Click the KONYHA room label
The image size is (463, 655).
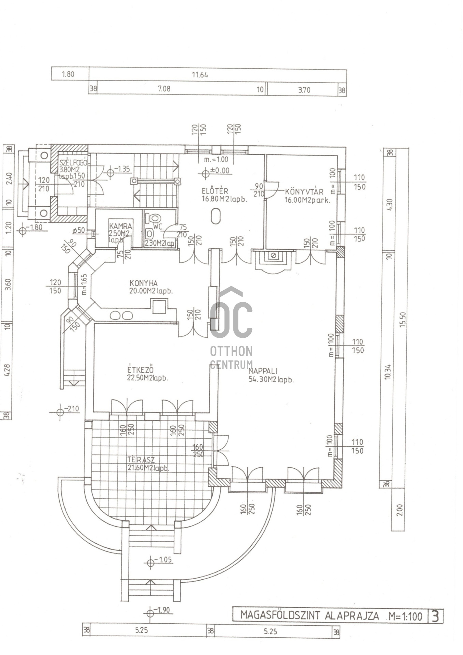click(x=143, y=283)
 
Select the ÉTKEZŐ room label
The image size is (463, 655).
click(x=140, y=370)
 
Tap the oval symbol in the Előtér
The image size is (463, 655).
click(x=216, y=216)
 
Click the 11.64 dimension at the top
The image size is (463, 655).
click(x=200, y=75)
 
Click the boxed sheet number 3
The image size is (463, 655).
click(x=435, y=616)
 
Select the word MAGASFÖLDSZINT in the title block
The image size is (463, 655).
click(x=280, y=615)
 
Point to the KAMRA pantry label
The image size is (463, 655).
click(x=120, y=226)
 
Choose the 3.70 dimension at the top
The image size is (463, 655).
click(x=304, y=90)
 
